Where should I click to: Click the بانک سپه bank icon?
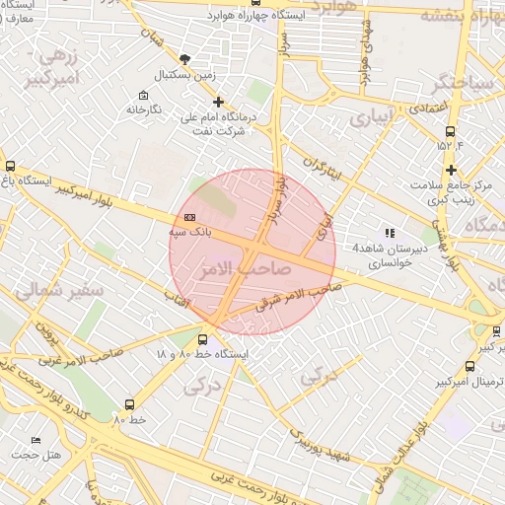(189, 218)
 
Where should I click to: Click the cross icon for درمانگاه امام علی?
(218, 101)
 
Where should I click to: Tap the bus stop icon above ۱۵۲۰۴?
(451, 131)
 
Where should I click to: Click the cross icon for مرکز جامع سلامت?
(451, 170)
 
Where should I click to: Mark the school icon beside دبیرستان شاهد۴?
(391, 233)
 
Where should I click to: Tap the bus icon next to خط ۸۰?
(130, 404)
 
